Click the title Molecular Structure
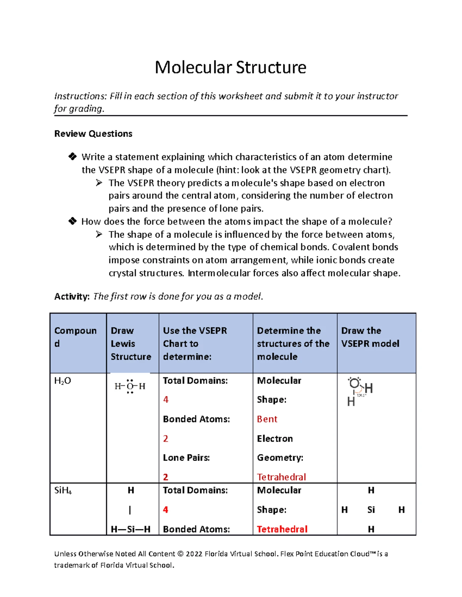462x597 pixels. pos(230,67)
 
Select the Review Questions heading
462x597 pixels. pos(93,134)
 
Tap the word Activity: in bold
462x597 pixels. pos(72,296)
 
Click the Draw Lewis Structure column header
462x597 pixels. pos(131,343)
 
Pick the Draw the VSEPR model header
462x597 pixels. pos(370,337)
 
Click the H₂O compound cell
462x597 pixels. pos(63,381)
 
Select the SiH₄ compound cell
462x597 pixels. pos(63,491)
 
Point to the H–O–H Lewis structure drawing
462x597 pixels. pos(130,386)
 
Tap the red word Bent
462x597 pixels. pos(267,419)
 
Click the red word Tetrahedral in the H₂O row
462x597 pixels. pos(281,477)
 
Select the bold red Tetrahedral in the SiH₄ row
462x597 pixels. pos(282,529)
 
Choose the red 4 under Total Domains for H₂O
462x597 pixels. pos(166,400)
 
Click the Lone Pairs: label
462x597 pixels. pos(186,458)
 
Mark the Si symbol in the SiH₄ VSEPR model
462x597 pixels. pos(371,510)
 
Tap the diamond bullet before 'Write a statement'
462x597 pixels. pos(72,156)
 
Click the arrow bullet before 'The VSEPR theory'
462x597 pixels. pos(99,183)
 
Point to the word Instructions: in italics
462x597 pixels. pos(80,96)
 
